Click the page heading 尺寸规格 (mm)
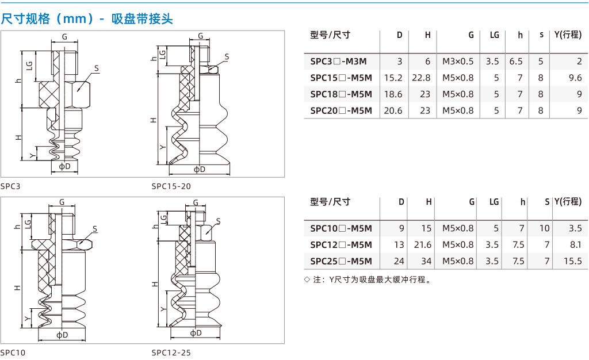coord(48,18)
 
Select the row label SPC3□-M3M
coord(338,61)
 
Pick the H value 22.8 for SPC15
coord(421,78)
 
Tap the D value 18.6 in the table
coord(393,94)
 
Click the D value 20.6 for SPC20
coord(393,111)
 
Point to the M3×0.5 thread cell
coord(458,61)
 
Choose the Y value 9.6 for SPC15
coord(575,78)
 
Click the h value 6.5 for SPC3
coord(516,61)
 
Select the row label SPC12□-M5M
coord(341,245)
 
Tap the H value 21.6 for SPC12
coord(423,245)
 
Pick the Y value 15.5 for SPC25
coord(573,261)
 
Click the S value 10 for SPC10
coord(544,228)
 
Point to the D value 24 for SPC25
coord(399,261)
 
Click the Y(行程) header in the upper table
coord(568,35)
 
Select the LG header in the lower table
coord(494,202)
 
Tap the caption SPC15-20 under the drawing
coord(171,186)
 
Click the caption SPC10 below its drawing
coord(13,353)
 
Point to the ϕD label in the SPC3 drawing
coord(64,166)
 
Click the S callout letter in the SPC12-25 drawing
coord(218,221)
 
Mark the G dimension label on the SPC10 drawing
coord(62,202)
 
